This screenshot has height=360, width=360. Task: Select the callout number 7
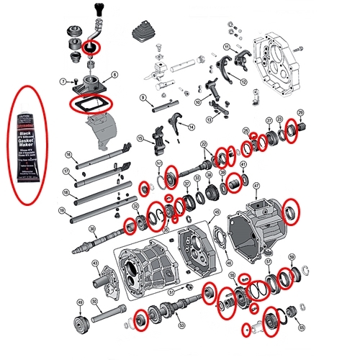(64, 81)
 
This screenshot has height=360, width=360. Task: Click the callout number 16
(68, 154)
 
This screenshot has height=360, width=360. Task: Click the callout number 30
(92, 230)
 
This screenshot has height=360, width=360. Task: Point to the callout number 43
(95, 264)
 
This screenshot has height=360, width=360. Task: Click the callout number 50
(94, 301)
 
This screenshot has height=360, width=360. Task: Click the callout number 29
(300, 112)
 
